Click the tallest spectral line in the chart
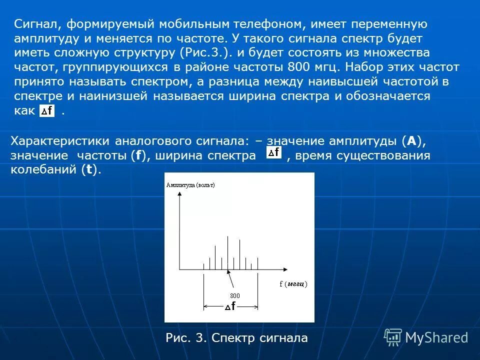[x=227, y=252]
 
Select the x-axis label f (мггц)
[x=293, y=284]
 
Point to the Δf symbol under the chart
[x=230, y=306]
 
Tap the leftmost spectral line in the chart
[x=203, y=266]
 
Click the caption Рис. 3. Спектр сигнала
[x=236, y=338]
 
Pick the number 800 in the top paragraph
[x=299, y=67]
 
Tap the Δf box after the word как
[x=47, y=111]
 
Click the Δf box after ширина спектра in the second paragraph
[x=273, y=152]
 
